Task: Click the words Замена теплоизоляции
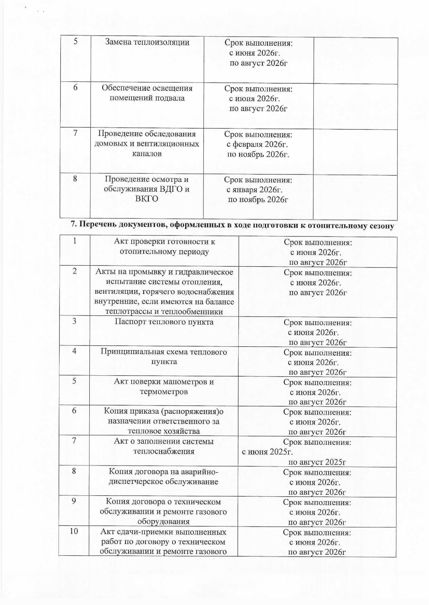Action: [147, 42]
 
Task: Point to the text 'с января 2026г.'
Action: [254, 190]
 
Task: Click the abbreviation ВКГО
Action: [146, 199]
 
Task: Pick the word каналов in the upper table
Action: [146, 154]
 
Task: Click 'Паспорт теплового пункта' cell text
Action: [164, 322]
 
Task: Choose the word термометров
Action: [164, 392]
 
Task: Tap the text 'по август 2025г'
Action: [317, 462]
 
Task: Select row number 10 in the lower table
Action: [74, 531]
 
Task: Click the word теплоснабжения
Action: [164, 451]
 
